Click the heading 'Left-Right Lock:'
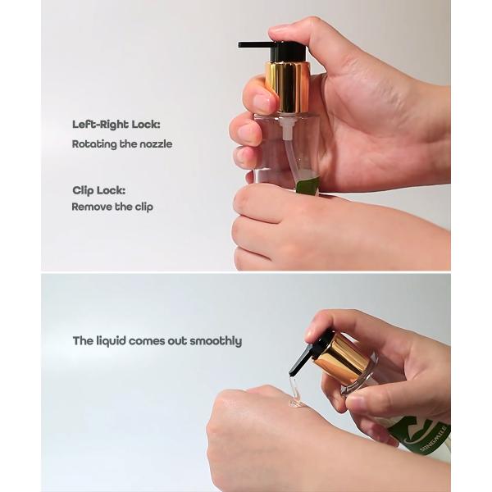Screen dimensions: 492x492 click(x=116, y=125)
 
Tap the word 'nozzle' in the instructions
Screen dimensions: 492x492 click(x=156, y=143)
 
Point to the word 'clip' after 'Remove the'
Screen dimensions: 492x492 click(x=143, y=207)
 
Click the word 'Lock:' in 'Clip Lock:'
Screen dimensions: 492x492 click(x=115, y=190)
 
